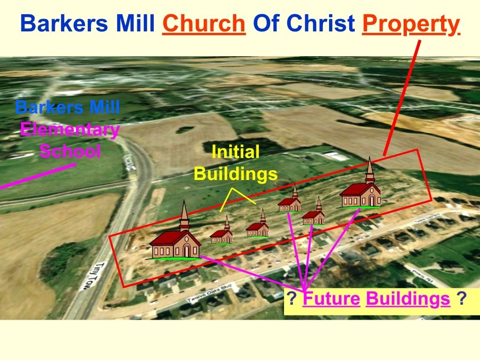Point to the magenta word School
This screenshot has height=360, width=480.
(70, 151)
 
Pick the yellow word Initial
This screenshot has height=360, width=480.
(235, 152)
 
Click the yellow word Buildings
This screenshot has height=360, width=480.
(235, 174)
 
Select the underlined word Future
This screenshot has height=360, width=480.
(331, 299)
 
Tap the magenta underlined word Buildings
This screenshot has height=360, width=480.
(408, 299)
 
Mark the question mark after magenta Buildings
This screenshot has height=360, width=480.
(462, 299)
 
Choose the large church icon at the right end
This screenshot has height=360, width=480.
(361, 190)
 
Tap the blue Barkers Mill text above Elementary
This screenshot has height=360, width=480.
(67, 107)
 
